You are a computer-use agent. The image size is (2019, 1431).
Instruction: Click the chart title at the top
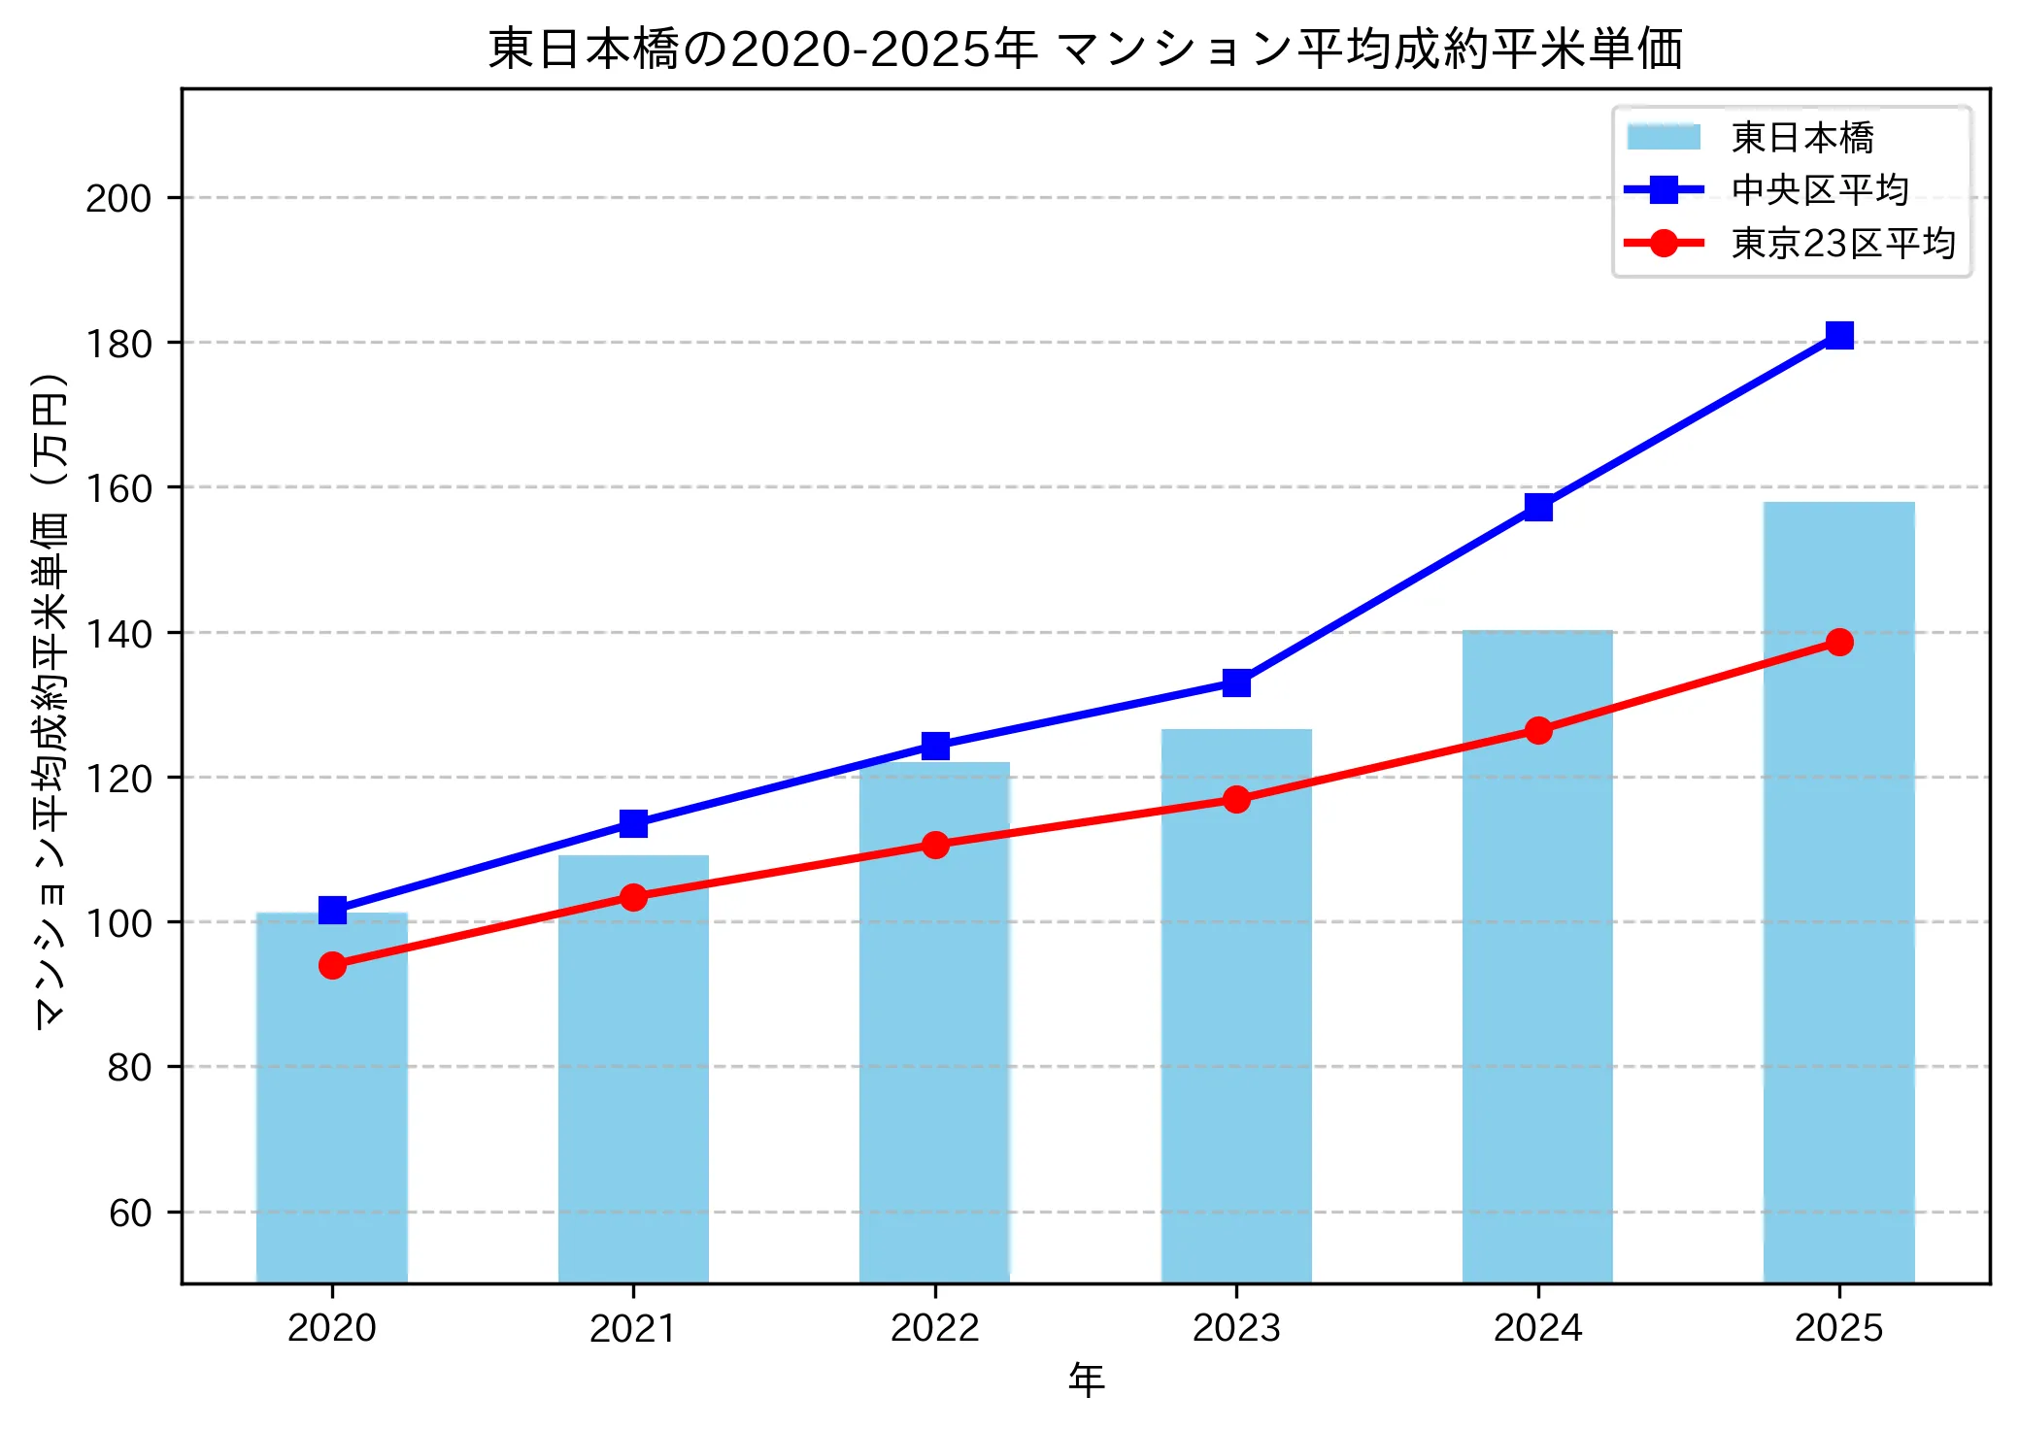[1085, 49]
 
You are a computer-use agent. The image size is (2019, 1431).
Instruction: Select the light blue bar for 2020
[332, 1097]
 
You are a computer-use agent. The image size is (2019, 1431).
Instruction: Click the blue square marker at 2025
[1839, 335]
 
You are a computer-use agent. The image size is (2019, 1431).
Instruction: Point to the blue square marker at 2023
[1236, 682]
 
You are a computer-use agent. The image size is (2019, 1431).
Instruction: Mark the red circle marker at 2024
[1538, 730]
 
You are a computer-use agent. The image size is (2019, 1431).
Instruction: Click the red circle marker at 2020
[332, 965]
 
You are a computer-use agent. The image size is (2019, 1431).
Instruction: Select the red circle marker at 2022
[935, 845]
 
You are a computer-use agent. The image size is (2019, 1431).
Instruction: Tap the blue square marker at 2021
[633, 823]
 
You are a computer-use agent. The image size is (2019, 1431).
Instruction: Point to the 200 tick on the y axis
[118, 198]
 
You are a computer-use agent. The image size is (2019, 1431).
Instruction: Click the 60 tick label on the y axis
[130, 1213]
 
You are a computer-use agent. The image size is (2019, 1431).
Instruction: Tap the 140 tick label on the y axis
[118, 634]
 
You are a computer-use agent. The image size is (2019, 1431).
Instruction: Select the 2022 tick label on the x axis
[935, 1328]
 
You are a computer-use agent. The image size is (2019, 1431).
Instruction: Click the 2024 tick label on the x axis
[1537, 1328]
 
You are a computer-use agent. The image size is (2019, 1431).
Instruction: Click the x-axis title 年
[1086, 1381]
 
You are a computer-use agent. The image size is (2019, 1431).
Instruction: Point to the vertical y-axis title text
[50, 699]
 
